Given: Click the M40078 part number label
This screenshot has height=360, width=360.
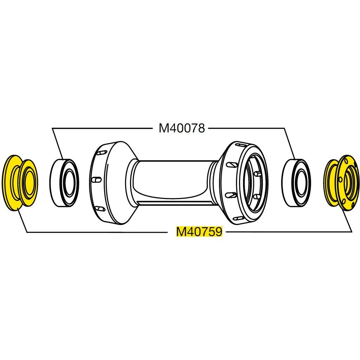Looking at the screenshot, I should (x=181, y=128).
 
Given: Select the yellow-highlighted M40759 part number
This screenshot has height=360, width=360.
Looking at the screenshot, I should (x=199, y=232).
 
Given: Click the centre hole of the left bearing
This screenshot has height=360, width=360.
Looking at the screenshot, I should (x=70, y=182).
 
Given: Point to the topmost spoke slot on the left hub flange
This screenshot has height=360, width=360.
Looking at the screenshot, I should (x=101, y=154).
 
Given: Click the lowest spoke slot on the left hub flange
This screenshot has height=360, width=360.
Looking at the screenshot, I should (x=100, y=209).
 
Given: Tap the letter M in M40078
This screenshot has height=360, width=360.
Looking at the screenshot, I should (x=163, y=128).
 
